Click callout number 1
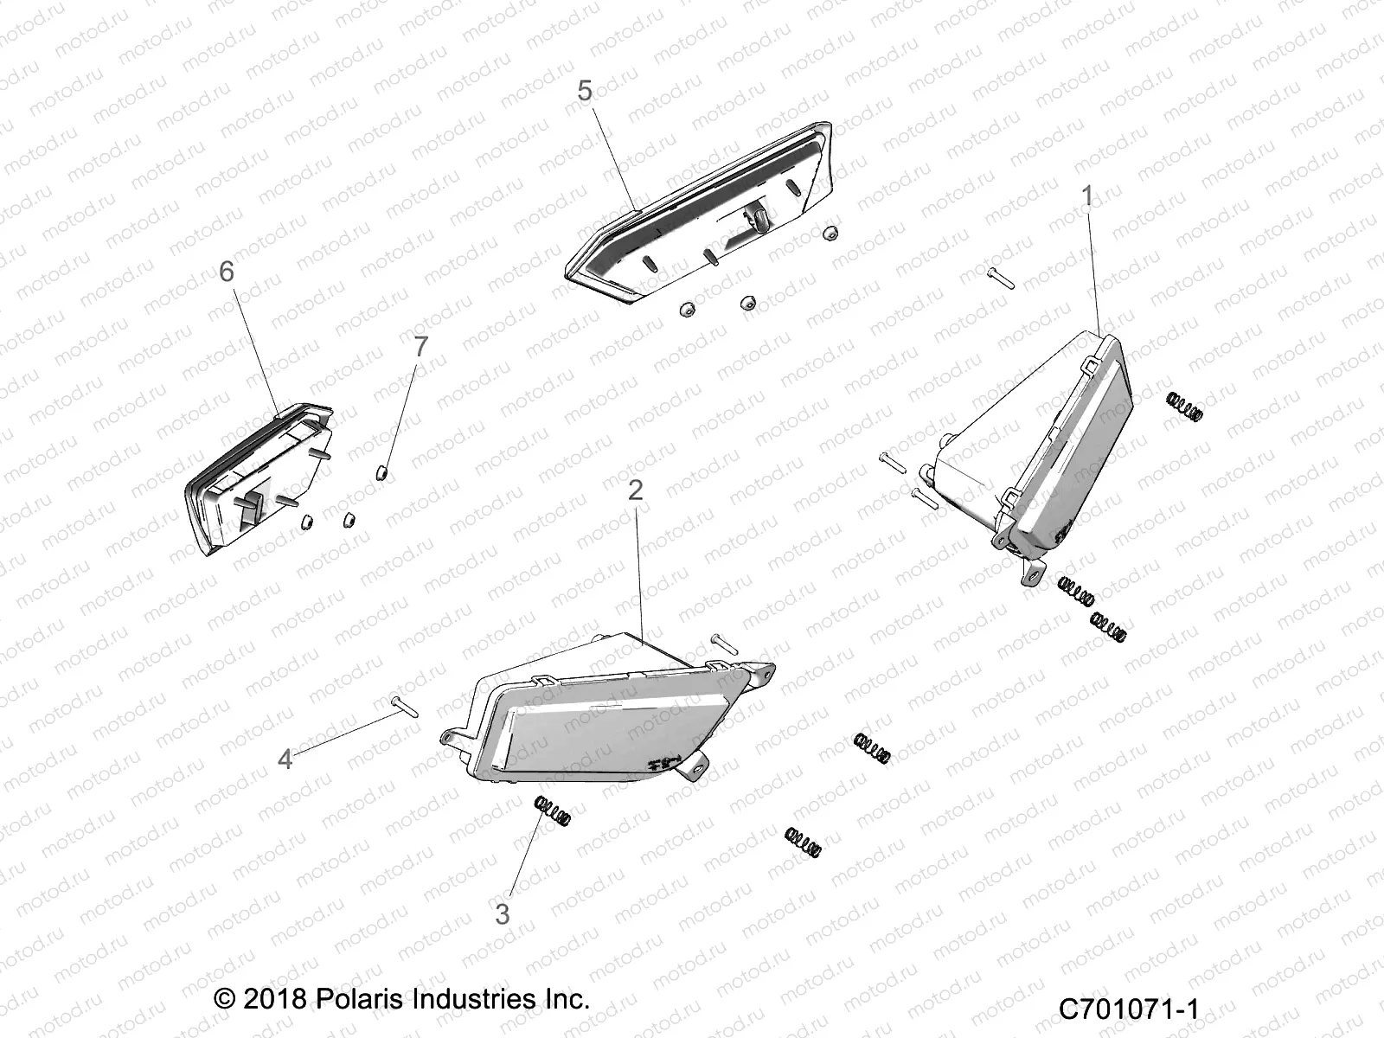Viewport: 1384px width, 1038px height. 1087,197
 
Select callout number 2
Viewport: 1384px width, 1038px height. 636,491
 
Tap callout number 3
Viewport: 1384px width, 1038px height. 503,914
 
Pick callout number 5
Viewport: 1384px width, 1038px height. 586,91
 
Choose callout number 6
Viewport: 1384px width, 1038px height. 226,272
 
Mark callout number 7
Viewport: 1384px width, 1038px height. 420,347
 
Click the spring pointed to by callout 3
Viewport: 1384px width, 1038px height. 551,813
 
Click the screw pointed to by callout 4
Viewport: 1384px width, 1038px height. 404,706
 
